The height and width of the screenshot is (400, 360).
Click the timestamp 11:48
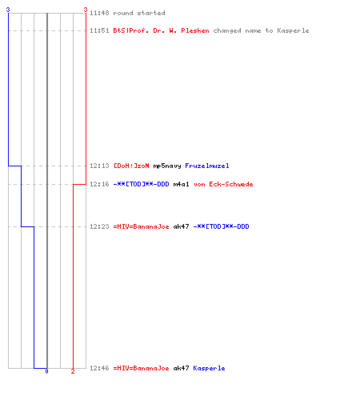(99, 13)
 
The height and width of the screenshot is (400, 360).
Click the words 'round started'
(139, 13)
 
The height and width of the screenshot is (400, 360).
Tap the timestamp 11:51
(99, 30)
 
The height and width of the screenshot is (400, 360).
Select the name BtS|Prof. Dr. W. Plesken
(161, 30)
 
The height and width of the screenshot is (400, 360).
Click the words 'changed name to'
(242, 30)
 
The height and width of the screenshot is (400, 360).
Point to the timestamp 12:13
(99, 166)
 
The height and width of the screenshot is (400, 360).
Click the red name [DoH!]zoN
(131, 166)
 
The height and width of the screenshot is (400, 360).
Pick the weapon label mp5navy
(167, 166)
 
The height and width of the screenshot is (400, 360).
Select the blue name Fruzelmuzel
(207, 166)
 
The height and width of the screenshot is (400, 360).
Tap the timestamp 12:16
(99, 184)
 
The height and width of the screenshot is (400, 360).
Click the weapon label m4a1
(181, 184)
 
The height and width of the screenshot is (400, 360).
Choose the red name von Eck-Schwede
(223, 184)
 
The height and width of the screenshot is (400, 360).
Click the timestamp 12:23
(99, 226)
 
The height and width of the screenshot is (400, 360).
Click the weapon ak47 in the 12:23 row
(181, 226)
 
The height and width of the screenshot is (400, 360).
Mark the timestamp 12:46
(99, 368)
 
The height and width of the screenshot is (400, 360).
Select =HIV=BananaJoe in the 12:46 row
(141, 368)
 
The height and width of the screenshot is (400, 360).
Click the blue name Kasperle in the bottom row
(209, 368)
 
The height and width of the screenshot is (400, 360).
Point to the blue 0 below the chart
(46, 371)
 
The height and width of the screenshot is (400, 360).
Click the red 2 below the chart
(73, 371)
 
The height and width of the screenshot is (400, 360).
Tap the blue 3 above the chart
(8, 10)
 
